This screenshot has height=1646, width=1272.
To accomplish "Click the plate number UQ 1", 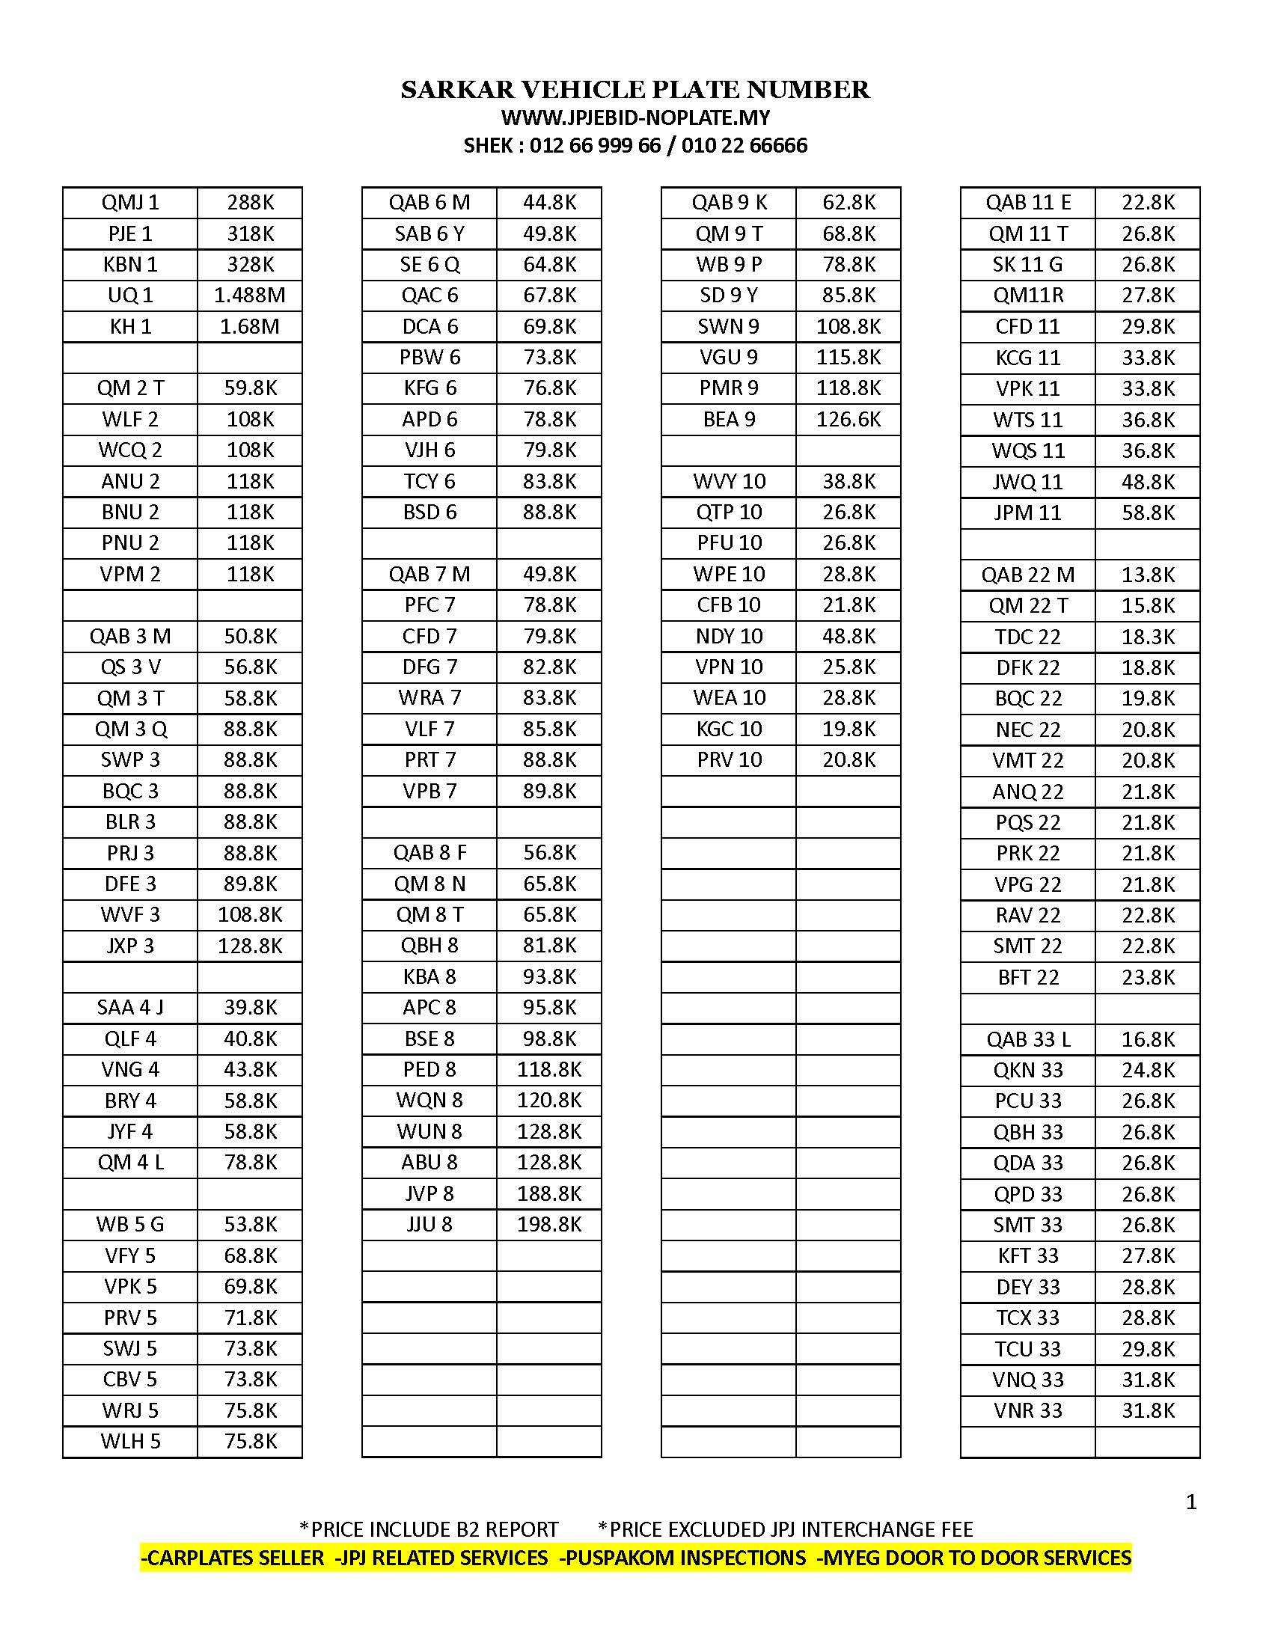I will (x=130, y=296).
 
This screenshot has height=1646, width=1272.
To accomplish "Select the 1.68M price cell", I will (x=249, y=326).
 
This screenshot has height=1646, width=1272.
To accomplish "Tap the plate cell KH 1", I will (x=130, y=326).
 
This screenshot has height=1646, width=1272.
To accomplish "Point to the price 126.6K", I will (x=848, y=419).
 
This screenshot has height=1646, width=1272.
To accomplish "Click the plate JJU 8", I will (x=429, y=1224).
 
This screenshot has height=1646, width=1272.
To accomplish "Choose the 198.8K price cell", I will (x=549, y=1224).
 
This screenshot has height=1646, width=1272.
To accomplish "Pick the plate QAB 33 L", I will (x=1028, y=1039).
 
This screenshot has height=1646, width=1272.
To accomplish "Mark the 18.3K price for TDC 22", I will (x=1148, y=637).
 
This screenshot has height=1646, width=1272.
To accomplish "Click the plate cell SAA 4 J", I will (x=130, y=1008).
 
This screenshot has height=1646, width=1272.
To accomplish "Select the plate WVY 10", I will (x=729, y=481).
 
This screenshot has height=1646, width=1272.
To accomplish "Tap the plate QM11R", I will (x=1028, y=296).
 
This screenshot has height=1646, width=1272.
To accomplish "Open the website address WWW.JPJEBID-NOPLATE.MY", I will (x=635, y=117).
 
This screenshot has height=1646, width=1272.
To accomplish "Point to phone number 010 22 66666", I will (x=744, y=145).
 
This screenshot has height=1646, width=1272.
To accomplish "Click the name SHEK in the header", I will (x=489, y=145).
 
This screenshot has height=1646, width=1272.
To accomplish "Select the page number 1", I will (x=1191, y=1502).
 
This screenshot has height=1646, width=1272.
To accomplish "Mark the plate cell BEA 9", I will (x=729, y=419).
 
